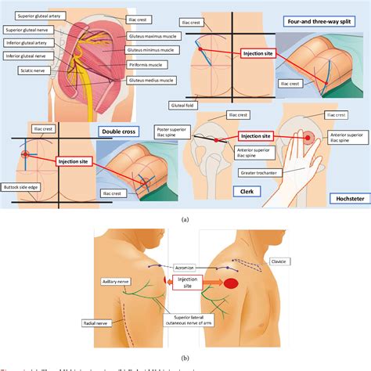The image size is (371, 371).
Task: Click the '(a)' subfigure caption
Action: (185, 220)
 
